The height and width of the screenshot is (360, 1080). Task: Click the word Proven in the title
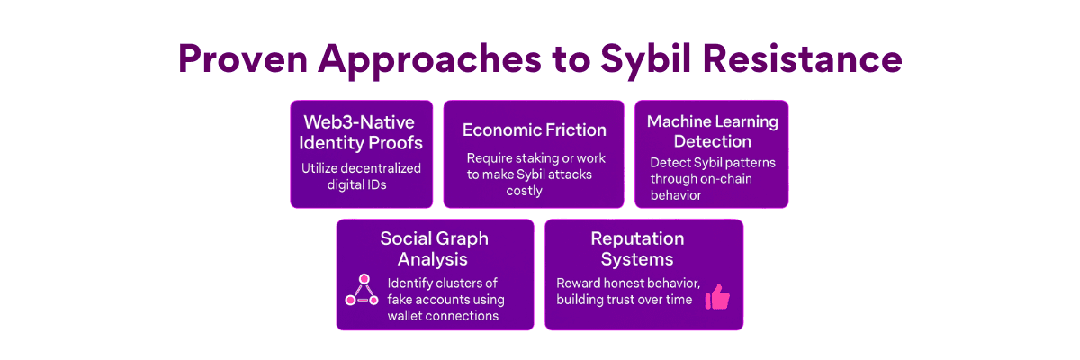tap(243, 59)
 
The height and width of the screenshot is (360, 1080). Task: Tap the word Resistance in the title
tap(802, 59)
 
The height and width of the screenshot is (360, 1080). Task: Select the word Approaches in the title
tap(429, 62)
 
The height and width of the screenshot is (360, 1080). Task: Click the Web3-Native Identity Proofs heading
tap(361, 132)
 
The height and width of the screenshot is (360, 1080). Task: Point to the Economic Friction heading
tap(535, 130)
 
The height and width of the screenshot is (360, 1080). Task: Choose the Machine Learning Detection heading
tap(713, 131)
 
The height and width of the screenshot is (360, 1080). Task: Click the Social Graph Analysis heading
tap(434, 248)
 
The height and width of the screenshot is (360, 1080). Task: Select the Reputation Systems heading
tap(637, 248)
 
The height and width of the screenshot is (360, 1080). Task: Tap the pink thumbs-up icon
tap(717, 296)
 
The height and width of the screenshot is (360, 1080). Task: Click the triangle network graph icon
tap(362, 290)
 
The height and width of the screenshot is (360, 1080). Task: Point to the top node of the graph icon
tap(364, 279)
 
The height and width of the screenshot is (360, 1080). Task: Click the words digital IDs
tap(356, 185)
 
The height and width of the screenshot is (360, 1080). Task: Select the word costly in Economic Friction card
tap(524, 192)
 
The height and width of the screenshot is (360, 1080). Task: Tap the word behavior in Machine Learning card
tap(676, 195)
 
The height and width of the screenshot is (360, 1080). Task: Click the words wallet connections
tap(443, 316)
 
